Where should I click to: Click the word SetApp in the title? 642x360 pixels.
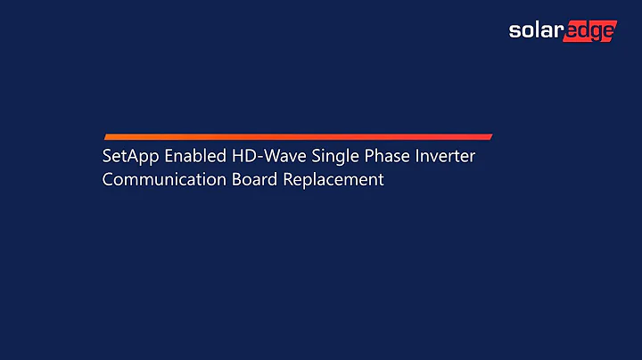[126, 157]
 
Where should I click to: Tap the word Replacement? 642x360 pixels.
[333, 179]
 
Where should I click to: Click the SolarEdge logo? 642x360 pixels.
[562, 30]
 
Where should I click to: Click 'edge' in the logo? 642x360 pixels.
[589, 31]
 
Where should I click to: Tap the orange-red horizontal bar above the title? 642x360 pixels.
[298, 136]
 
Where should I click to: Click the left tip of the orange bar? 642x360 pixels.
[106, 137]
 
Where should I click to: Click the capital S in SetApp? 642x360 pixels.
[107, 157]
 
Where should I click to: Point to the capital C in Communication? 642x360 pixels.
[108, 179]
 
